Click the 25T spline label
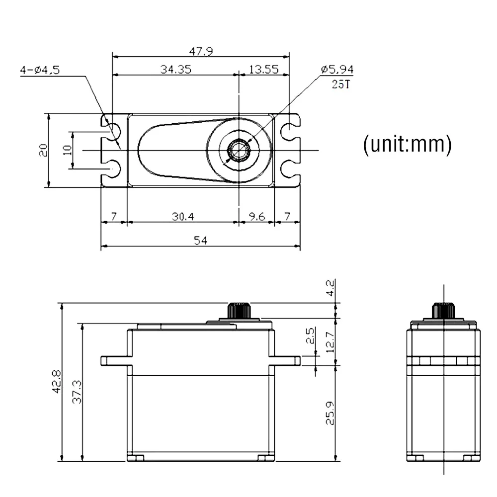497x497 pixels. [x=340, y=84]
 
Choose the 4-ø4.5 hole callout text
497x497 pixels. [x=40, y=70]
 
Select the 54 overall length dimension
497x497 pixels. [x=200, y=240]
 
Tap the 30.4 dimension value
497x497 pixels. [x=183, y=217]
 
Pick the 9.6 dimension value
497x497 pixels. [x=256, y=217]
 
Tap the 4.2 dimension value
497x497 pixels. [x=331, y=288]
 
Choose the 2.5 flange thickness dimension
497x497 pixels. [x=310, y=336]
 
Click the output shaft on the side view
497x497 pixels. [x=442, y=311]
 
